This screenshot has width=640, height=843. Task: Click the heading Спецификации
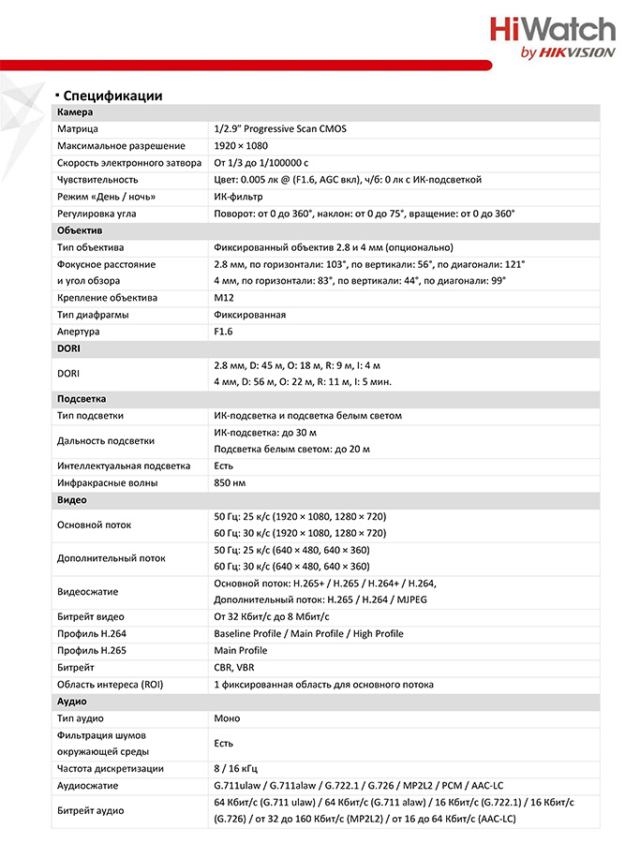tap(112, 96)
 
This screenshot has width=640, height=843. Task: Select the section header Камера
tap(75, 112)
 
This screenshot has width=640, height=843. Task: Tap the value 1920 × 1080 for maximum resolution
tap(241, 146)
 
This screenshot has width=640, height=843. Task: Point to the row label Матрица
tap(78, 129)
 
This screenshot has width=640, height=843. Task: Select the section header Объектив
tap(80, 230)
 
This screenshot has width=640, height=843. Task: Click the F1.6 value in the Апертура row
tap(223, 332)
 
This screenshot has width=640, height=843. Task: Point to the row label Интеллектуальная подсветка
tap(124, 466)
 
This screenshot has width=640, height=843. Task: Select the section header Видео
tap(72, 500)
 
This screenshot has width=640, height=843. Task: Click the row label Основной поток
tap(95, 525)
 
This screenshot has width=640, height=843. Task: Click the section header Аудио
tap(72, 702)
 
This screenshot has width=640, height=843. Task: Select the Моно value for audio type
tap(227, 718)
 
